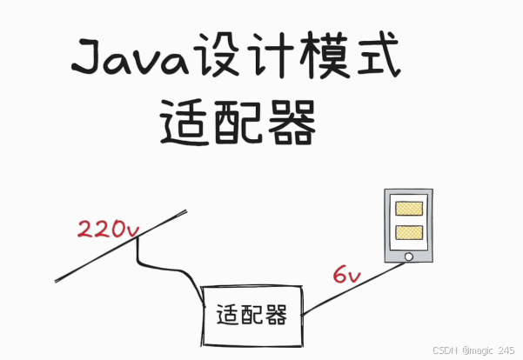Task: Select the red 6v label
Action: (345, 276)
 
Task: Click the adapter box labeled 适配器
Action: (252, 315)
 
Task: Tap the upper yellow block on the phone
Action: (409, 209)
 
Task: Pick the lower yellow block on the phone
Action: (409, 232)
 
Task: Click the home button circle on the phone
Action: (408, 257)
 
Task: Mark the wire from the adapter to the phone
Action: (348, 292)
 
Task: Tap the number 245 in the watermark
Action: (507, 349)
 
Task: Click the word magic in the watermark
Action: (481, 349)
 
